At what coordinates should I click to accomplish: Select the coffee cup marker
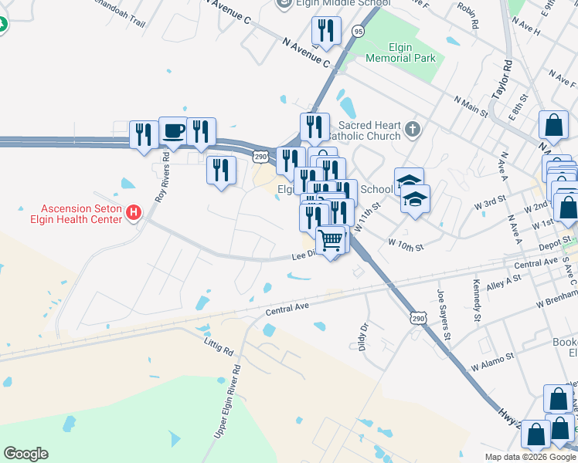click(x=173, y=132)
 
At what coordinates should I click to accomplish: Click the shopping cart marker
click(x=331, y=240)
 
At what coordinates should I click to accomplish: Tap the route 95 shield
click(x=357, y=31)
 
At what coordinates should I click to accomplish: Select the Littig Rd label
click(x=219, y=345)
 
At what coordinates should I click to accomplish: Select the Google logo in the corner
click(x=25, y=454)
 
